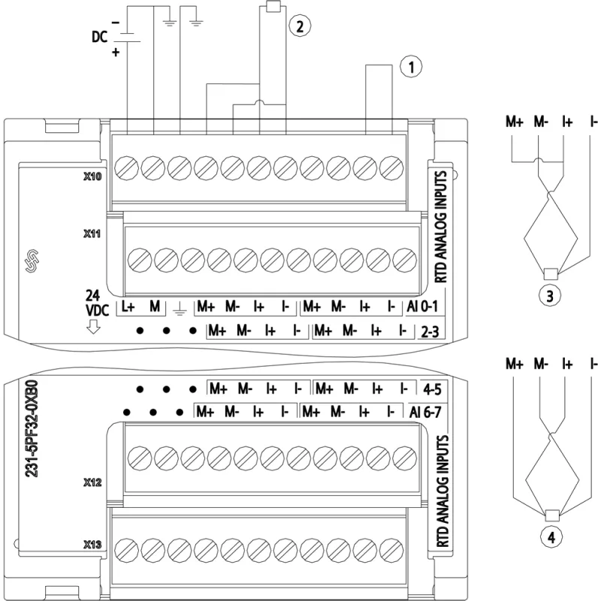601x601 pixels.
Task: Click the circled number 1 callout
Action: pyautogui.click(x=411, y=67)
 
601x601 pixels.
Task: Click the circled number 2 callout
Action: pyautogui.click(x=299, y=26)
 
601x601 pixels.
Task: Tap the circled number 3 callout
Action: pyautogui.click(x=550, y=296)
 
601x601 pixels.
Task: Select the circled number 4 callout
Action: pyautogui.click(x=551, y=537)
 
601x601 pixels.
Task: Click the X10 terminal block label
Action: pyautogui.click(x=92, y=177)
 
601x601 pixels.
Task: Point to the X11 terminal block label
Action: pyautogui.click(x=92, y=234)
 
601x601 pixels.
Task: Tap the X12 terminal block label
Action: pyautogui.click(x=92, y=482)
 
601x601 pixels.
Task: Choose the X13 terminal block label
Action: pyautogui.click(x=92, y=544)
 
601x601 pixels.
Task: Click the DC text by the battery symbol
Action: pyautogui.click(x=99, y=37)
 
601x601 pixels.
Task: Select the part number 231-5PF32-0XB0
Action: pyautogui.click(x=32, y=428)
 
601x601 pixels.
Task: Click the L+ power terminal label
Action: pyautogui.click(x=128, y=307)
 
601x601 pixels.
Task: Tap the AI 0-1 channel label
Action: pyautogui.click(x=422, y=307)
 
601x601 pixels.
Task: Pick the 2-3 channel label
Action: pyautogui.click(x=430, y=331)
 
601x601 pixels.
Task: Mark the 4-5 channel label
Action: pyautogui.click(x=432, y=389)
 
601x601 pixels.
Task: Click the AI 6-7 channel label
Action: pyautogui.click(x=425, y=412)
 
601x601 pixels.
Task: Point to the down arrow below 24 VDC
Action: pyautogui.click(x=92, y=326)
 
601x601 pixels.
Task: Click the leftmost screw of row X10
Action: pyautogui.click(x=126, y=168)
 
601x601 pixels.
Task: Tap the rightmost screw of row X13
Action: pyautogui.click(x=391, y=550)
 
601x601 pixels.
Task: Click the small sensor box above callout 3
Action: pyautogui.click(x=551, y=273)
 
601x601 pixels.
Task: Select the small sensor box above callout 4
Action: pyautogui.click(x=552, y=515)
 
